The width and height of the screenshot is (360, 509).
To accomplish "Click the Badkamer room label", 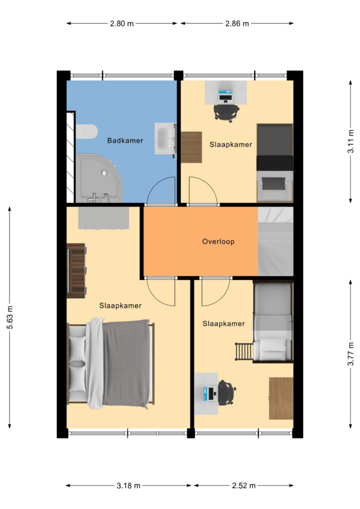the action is (x=125, y=141).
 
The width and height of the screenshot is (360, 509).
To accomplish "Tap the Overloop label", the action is (x=218, y=242).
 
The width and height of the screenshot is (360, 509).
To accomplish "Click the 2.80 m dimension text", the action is (x=122, y=23).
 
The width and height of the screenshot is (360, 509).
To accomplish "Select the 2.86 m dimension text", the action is (x=237, y=23).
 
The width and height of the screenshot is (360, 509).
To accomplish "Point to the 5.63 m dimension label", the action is (x=10, y=317).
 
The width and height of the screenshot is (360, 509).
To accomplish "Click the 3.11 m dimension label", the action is (x=351, y=141).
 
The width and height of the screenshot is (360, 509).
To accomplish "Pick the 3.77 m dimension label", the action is (x=351, y=354).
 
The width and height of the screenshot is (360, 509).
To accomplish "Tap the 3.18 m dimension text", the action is (x=129, y=486).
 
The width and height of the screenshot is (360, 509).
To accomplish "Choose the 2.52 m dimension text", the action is (x=244, y=486).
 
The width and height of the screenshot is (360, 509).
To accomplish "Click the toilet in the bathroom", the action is (x=87, y=132).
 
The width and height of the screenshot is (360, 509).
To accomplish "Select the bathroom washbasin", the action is (x=165, y=139).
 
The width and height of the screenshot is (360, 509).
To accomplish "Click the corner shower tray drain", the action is (x=104, y=172).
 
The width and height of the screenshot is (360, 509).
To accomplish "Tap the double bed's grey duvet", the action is (x=127, y=363).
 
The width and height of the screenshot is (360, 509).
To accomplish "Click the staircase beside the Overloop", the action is (x=275, y=242).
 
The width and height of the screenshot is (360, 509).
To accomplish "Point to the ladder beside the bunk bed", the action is (x=244, y=351).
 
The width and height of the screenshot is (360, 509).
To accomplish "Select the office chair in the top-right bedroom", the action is (x=226, y=112).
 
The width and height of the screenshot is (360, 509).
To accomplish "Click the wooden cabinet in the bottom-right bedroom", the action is (x=281, y=398).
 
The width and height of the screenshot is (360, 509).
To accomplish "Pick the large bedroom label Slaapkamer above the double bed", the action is (x=120, y=306).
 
